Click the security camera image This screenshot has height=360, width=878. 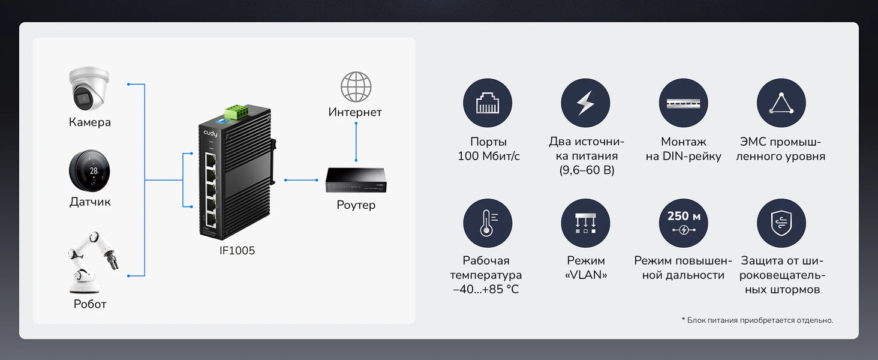point(89,88)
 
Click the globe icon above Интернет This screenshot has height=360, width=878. point(356,87)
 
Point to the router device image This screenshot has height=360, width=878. point(356,180)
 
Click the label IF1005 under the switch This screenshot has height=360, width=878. point(237,251)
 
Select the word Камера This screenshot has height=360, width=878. point(89,122)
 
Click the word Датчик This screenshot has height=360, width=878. point(90,202)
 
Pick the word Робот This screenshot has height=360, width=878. point(90,304)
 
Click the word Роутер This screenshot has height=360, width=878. point(356,205)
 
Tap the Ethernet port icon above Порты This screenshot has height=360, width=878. point(488,103)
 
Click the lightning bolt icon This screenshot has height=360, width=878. point(585,103)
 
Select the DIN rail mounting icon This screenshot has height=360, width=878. point(683,103)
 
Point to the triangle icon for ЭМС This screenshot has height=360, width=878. point(781,103)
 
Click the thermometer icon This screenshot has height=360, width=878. point(488,223)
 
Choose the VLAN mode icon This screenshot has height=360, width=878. point(585,223)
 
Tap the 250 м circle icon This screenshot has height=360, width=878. point(683,223)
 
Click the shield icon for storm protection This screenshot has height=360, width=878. point(781,223)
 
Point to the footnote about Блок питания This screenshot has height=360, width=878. point(757,320)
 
